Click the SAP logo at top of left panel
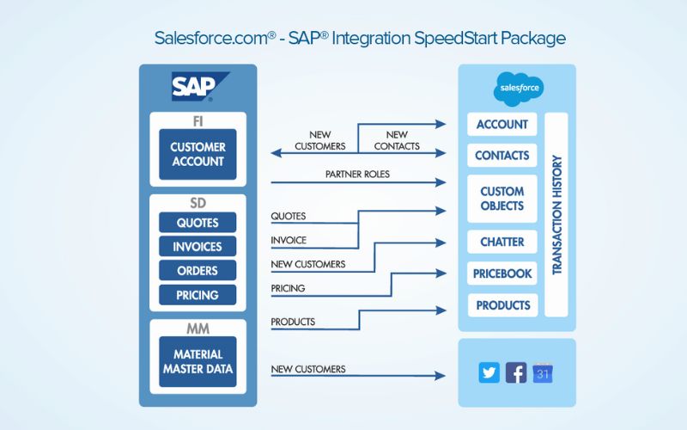198,87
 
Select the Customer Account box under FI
198,155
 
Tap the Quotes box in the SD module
198,223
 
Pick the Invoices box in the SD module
198,247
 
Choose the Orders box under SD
198,271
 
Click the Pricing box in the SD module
198,295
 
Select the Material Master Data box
198,361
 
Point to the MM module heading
198,328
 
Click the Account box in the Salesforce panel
502,124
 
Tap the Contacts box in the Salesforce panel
502,156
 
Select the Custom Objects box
502,199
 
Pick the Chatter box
502,243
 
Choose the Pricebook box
502,273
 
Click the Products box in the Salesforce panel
502,305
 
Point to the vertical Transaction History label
556,214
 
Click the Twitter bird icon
489,373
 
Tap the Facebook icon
516,373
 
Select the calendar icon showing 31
542,373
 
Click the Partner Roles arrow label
357,175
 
